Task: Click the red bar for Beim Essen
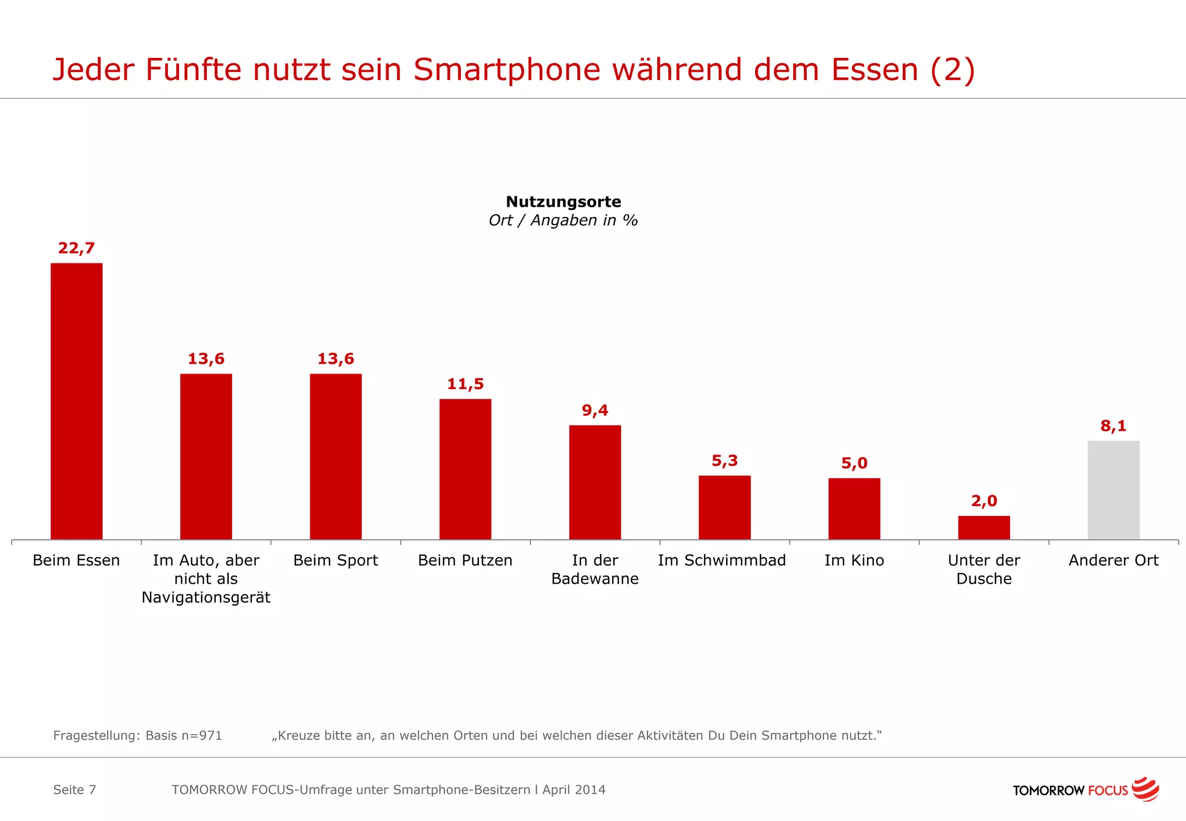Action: click(76, 401)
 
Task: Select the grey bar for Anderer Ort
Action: click(1113, 490)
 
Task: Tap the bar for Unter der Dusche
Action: click(983, 527)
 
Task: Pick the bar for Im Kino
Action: click(854, 508)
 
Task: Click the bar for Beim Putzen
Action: click(465, 469)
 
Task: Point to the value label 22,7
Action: click(76, 248)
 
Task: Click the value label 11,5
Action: click(465, 384)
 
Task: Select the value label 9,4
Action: click(595, 410)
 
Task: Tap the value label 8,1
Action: click(1113, 426)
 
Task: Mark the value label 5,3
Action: click(724, 461)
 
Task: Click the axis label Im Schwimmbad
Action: click(722, 560)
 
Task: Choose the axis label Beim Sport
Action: click(335, 560)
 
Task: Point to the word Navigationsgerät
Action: click(206, 598)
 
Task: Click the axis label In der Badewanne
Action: click(595, 570)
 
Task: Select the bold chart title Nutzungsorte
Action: click(563, 201)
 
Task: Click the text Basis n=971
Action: click(184, 735)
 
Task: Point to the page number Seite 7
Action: click(75, 790)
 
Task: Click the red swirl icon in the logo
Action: click(1145, 789)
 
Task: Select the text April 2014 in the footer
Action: click(574, 790)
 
